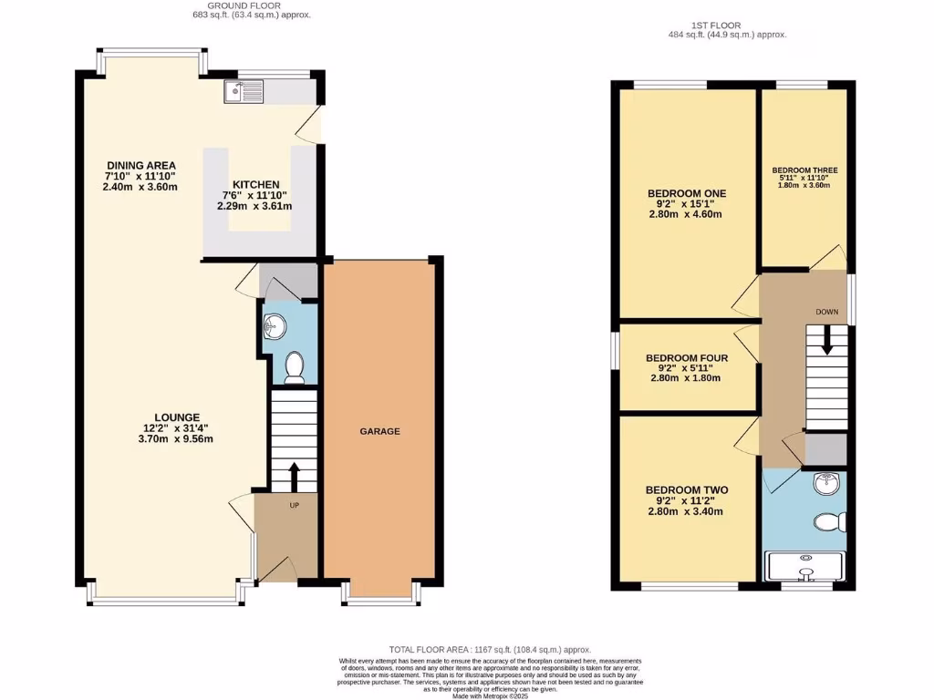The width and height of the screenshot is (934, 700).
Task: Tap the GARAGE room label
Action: pos(379,431)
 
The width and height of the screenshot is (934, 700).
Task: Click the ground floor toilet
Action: pos(294,366)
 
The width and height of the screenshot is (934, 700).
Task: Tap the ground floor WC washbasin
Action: pos(274,327)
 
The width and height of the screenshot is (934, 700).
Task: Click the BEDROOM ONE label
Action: pos(686,193)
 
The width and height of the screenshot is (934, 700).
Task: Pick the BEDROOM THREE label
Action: pos(804,170)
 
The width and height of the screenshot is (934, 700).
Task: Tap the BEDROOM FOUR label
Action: pos(686,358)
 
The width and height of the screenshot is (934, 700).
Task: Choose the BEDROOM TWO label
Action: pos(686,490)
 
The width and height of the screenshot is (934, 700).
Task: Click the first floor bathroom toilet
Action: pos(828,523)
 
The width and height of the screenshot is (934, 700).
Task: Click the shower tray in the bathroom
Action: pos(805,566)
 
